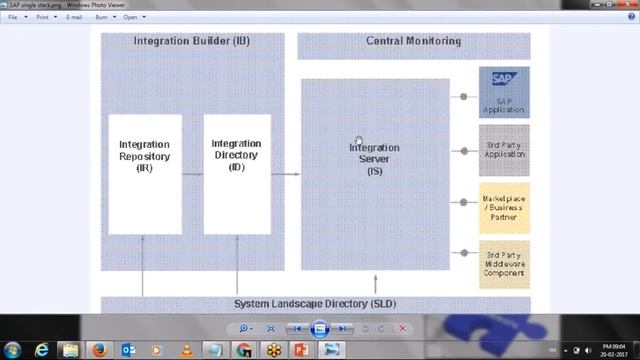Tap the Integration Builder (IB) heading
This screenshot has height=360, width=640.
192,41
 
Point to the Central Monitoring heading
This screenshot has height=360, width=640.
414,41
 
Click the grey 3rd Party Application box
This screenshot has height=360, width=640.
504,150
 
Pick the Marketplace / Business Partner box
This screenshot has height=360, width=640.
504,206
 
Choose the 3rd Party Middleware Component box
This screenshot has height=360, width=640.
504,263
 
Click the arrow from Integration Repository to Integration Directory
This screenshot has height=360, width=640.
193,174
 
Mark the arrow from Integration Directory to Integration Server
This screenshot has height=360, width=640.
286,174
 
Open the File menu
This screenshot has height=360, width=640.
13,17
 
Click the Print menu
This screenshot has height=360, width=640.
42,17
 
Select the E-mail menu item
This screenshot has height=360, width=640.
74,17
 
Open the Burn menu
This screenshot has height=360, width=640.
102,17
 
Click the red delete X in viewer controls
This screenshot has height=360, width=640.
403,328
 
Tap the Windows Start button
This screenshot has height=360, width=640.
12,350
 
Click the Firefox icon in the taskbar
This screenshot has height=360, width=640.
99,350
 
